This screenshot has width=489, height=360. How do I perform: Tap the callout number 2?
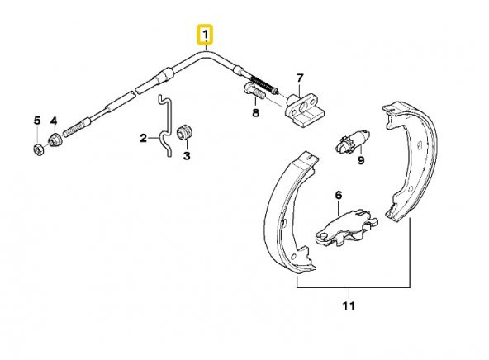point(144,138)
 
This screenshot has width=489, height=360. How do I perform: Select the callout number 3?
point(187,156)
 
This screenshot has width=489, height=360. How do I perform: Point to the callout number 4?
point(54,121)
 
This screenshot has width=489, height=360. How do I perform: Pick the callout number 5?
point(37,121)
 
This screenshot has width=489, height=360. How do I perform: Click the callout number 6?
point(339,196)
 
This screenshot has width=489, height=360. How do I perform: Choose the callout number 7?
point(300,78)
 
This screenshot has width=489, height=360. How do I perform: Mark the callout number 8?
point(256,113)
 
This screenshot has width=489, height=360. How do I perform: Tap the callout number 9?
point(361,160)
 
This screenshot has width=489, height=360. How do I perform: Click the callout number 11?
point(349,306)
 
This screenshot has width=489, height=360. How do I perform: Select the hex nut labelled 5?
point(38,149)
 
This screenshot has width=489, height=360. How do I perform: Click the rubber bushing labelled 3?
point(185,133)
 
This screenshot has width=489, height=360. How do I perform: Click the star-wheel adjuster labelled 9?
point(353,142)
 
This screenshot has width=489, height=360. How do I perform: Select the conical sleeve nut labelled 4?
point(55,140)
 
